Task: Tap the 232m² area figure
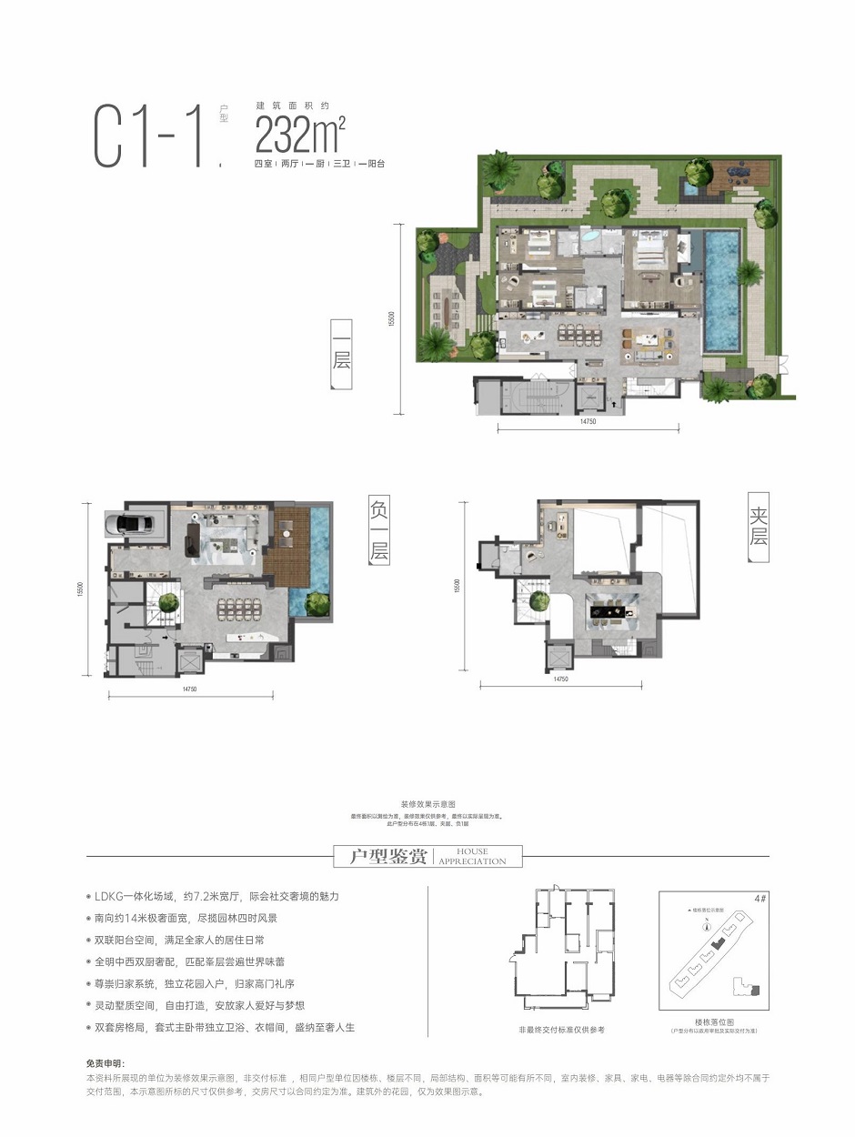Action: [300, 136]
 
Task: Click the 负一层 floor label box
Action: [378, 528]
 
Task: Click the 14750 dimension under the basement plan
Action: [189, 689]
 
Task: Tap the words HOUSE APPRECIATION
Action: [472, 857]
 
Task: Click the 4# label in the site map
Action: [759, 898]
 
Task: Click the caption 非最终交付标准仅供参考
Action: [561, 1029]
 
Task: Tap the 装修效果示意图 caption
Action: [427, 805]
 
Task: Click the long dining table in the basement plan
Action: [238, 607]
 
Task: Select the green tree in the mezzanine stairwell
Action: [539, 599]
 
